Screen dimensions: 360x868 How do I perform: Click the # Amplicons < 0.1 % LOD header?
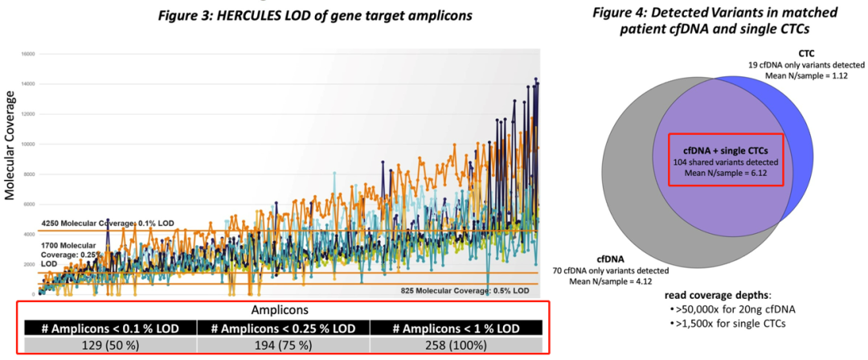(x=108, y=327)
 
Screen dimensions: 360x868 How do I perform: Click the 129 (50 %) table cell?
(x=108, y=344)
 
